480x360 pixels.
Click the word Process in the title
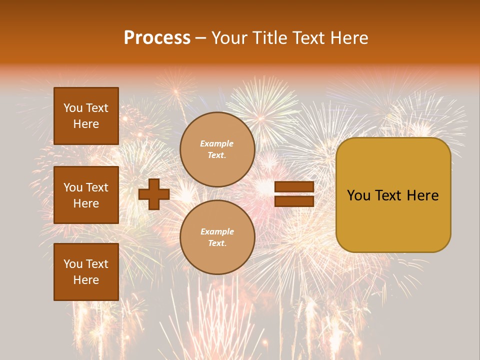(x=157, y=38)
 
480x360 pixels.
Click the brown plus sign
(x=153, y=194)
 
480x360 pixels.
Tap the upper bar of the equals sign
(x=294, y=186)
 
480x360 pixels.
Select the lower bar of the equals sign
(x=294, y=201)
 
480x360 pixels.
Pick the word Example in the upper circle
(x=217, y=143)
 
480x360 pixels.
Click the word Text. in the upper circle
(x=217, y=155)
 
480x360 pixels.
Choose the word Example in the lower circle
(x=217, y=231)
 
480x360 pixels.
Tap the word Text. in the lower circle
(x=217, y=243)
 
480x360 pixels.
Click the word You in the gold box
(x=358, y=195)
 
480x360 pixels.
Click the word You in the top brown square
(x=73, y=108)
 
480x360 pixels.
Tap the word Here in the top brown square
(x=86, y=124)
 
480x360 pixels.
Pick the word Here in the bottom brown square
(x=86, y=280)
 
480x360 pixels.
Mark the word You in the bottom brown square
(x=73, y=264)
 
